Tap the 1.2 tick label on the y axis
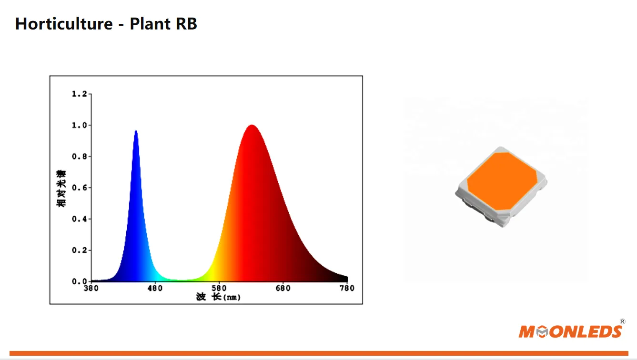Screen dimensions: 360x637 coord(79,94)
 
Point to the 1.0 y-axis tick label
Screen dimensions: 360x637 coord(79,125)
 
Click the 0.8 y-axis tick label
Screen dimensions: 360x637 coord(79,157)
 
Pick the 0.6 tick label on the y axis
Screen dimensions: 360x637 coord(79,188)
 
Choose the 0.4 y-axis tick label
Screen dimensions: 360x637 coord(79,219)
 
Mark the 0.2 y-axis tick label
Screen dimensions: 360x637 coord(79,250)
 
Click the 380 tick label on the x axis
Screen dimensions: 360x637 coord(91,289)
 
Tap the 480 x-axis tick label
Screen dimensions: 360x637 coord(155,289)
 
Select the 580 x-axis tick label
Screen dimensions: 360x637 coord(219,289)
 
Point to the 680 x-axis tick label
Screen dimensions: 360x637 coord(283,289)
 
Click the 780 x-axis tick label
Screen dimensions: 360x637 coord(347,289)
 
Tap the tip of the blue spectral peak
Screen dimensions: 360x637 coord(136,131)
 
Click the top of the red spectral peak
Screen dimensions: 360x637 coord(251,126)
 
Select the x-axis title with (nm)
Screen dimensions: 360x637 coord(218,297)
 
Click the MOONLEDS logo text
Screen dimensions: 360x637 coord(570,331)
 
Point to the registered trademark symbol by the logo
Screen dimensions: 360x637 coord(622,322)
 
